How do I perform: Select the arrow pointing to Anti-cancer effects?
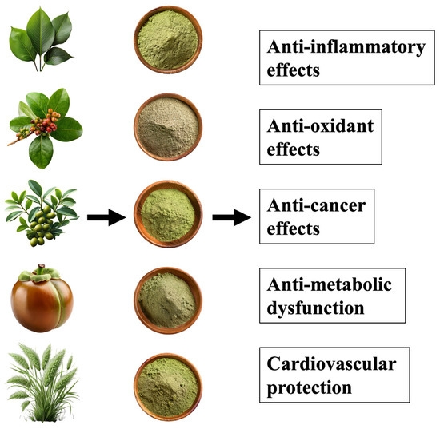click(230, 216)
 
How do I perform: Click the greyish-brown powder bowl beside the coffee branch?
click(167, 127)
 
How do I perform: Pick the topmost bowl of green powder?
click(167, 40)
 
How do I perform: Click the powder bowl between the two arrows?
click(167, 212)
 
